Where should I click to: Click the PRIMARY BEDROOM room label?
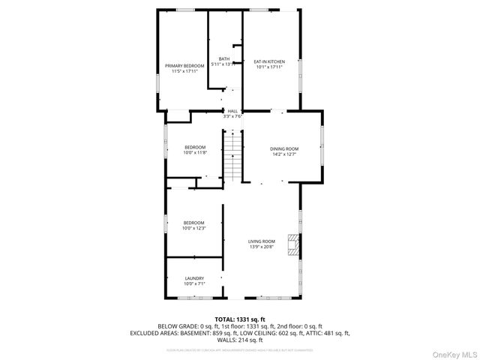(184, 66)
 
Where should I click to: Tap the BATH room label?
(223, 59)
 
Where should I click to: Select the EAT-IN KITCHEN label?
(269, 61)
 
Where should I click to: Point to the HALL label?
(232, 111)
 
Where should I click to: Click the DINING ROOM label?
(284, 148)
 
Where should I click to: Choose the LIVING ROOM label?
(262, 241)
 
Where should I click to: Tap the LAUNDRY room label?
(194, 278)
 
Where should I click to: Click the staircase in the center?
(235, 154)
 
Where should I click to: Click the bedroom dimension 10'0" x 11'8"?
(194, 152)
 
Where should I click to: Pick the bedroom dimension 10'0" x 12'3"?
(194, 228)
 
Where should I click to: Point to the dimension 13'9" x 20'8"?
(262, 246)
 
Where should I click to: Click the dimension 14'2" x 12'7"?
(284, 154)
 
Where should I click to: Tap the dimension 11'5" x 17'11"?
(184, 71)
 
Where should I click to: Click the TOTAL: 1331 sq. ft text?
(239, 319)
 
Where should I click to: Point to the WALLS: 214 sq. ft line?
(239, 339)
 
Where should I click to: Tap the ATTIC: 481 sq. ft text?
(328, 332)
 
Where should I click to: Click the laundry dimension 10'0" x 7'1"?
(194, 283)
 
